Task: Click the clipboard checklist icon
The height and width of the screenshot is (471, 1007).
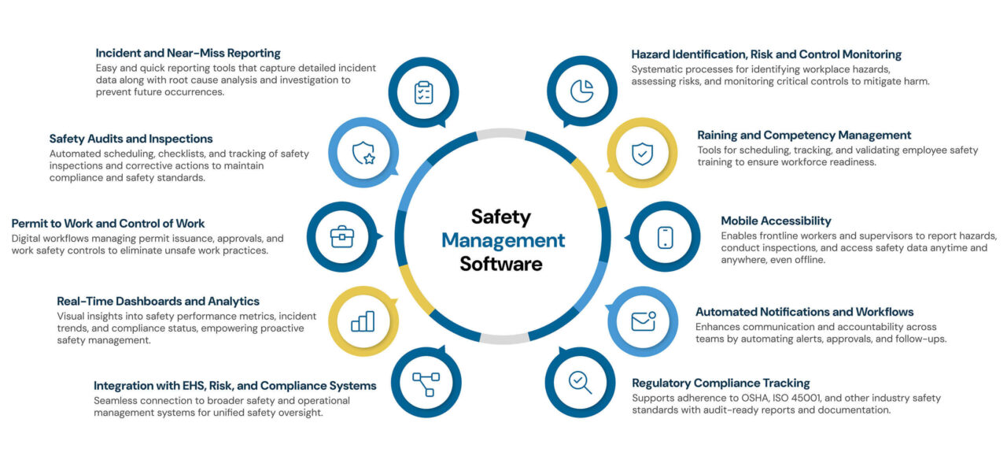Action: [x=423, y=92]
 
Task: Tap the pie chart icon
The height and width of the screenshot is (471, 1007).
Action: [x=582, y=91]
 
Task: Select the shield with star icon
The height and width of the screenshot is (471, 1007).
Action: [x=363, y=153]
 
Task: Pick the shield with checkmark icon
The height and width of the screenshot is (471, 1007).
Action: [x=643, y=154]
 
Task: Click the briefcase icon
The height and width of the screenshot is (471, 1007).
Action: [x=342, y=236]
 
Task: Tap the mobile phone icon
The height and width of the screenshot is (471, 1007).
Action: [x=666, y=237]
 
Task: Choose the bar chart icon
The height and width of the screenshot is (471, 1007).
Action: [x=363, y=321]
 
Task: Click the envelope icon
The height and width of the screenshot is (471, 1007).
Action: [x=644, y=321]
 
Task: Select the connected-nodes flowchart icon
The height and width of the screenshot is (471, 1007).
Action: [x=426, y=384]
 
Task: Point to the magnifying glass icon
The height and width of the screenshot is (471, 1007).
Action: [x=581, y=383]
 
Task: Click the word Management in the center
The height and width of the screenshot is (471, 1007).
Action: [x=503, y=240]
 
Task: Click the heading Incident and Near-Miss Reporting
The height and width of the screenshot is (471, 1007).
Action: [x=188, y=53]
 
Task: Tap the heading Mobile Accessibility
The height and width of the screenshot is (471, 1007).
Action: [x=776, y=221]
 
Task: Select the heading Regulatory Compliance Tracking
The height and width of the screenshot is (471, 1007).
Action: [x=721, y=384]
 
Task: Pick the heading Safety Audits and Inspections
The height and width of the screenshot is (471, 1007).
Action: [x=131, y=139]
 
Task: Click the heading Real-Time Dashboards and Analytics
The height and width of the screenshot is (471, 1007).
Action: [x=158, y=301]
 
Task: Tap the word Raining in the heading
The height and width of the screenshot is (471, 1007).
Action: [x=717, y=135]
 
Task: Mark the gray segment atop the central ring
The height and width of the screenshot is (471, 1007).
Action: [x=501, y=133]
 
